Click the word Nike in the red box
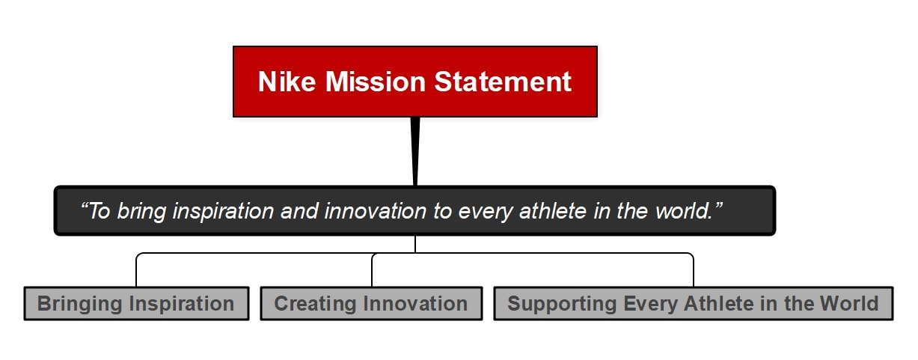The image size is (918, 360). click(287, 82)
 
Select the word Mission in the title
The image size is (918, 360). click(376, 82)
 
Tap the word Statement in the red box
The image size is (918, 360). click(503, 82)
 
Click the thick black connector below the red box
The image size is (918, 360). click(415, 151)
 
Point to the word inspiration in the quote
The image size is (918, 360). click(223, 212)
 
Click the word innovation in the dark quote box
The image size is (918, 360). click(376, 211)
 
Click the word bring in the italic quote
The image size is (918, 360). click(142, 212)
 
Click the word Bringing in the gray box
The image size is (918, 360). click(79, 304)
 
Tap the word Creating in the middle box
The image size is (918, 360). click(315, 304)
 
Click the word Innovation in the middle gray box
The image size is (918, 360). click(415, 303)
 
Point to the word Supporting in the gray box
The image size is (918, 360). click(562, 304)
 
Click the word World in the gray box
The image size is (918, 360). click(848, 303)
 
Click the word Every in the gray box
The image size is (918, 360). click(650, 304)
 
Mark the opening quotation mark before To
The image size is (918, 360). click(85, 205)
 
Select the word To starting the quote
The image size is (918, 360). click(100, 211)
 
